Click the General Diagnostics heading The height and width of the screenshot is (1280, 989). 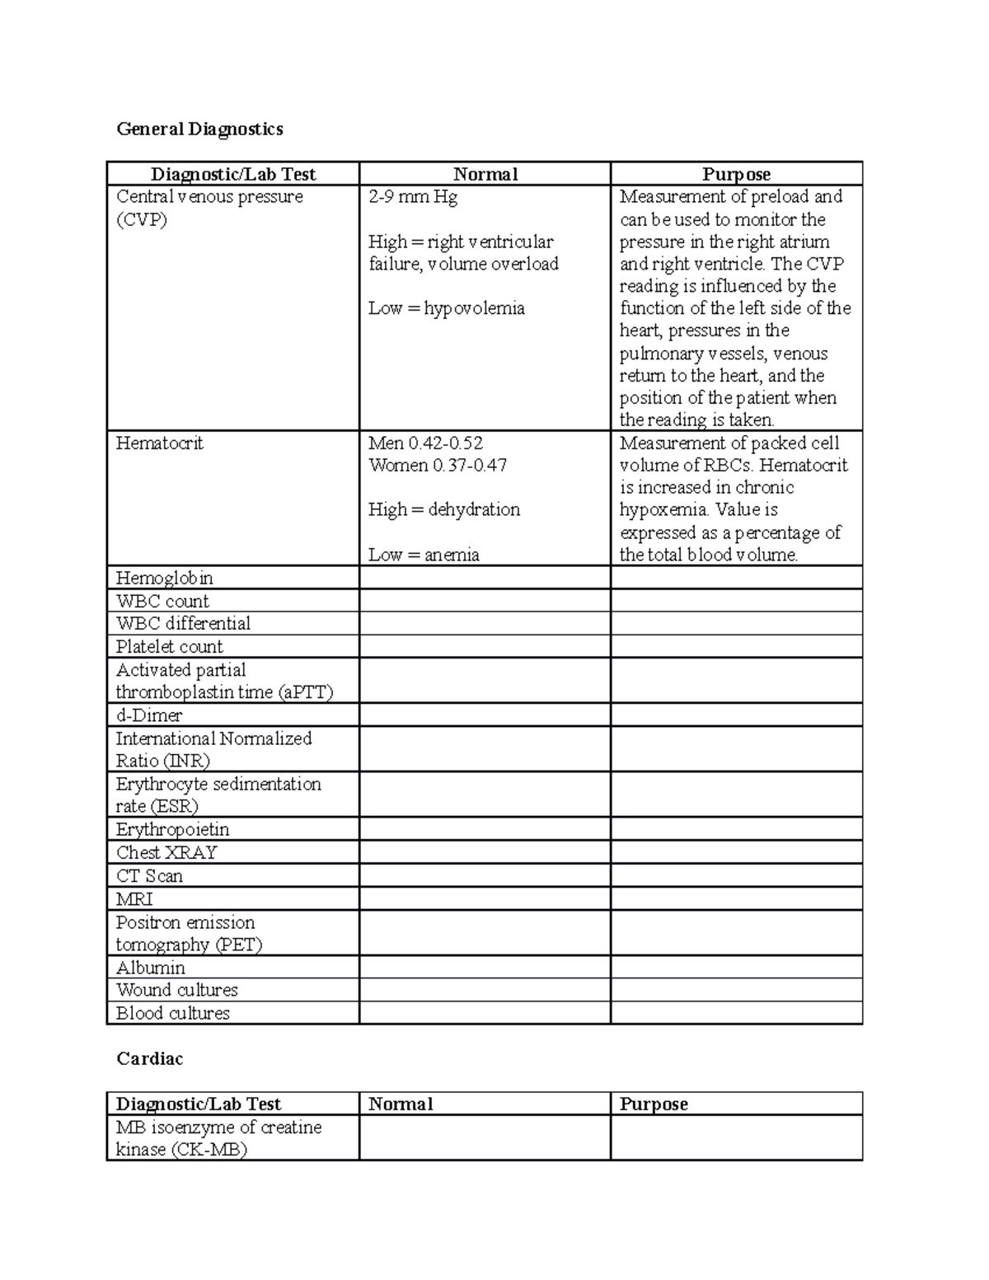pyautogui.click(x=199, y=129)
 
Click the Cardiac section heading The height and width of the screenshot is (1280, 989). pyautogui.click(x=149, y=1058)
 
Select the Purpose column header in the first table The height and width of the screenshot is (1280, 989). pyautogui.click(x=736, y=174)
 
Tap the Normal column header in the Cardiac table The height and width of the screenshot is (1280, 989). pyautogui.click(x=401, y=1104)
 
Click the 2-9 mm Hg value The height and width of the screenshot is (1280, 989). pyautogui.click(x=413, y=197)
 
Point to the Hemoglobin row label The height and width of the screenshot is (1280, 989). pyautogui.click(x=164, y=578)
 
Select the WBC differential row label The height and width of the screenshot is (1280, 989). pyautogui.click(x=183, y=623)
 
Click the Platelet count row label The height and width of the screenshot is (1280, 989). pyautogui.click(x=169, y=646)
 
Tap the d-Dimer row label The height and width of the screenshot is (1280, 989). pyautogui.click(x=148, y=715)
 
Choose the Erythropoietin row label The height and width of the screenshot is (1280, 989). pyautogui.click(x=172, y=829)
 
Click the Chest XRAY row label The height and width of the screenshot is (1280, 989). pyautogui.click(x=166, y=852)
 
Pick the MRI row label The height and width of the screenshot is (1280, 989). pyautogui.click(x=134, y=898)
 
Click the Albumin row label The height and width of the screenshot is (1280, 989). pyautogui.click(x=150, y=967)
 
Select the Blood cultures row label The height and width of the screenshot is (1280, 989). pyautogui.click(x=172, y=1013)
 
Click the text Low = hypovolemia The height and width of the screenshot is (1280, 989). pyautogui.click(x=446, y=308)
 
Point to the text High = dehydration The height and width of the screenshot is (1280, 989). pyautogui.click(x=443, y=509)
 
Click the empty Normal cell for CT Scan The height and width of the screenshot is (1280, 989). pyautogui.click(x=485, y=875)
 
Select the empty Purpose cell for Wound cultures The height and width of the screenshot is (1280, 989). pyautogui.click(x=736, y=990)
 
